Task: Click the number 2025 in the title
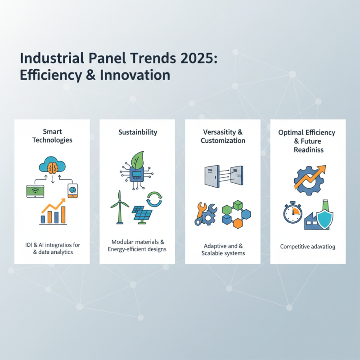195,58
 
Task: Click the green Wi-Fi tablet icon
34,191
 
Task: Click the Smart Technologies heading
52,135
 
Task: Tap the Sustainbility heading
137,132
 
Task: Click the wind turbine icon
119,207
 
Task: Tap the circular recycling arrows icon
154,198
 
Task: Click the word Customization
223,140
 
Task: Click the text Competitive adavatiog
308,247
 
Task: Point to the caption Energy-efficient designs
137,249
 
